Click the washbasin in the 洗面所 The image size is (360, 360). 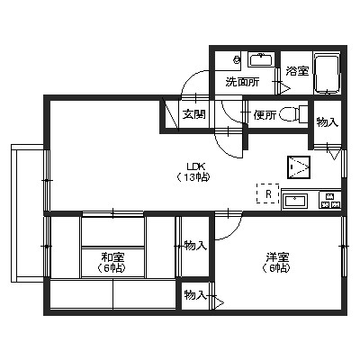(x=261, y=60)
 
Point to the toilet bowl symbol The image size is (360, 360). (x=291, y=114)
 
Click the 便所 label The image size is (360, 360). (x=264, y=114)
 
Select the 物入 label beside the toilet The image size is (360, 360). (x=327, y=122)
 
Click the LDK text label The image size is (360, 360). (x=194, y=166)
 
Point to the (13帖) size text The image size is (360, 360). (x=193, y=177)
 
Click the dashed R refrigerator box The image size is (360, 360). (x=266, y=193)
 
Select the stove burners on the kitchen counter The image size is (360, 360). (x=329, y=200)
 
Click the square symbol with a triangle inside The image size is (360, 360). (x=299, y=167)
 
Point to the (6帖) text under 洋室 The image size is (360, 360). (x=276, y=270)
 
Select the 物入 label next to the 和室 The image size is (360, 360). (x=193, y=245)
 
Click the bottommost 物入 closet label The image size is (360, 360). (x=194, y=294)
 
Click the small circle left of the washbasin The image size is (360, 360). (x=236, y=60)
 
